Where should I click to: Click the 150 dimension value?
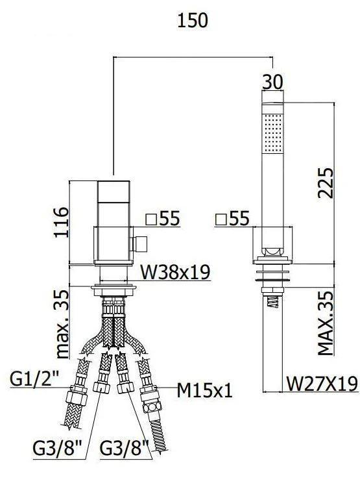click(193, 20)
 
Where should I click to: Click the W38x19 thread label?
click(175, 272)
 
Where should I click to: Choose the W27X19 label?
click(322, 384)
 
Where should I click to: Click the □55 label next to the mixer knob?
click(162, 219)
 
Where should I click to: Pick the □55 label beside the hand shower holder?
click(231, 219)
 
